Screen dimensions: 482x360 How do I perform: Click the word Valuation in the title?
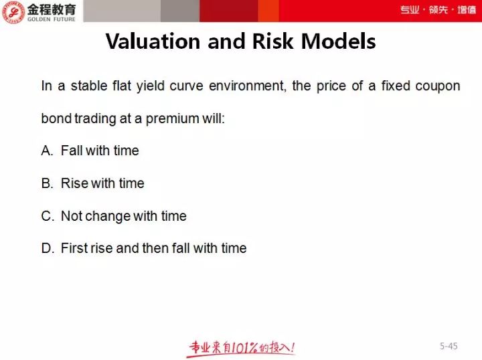(153, 41)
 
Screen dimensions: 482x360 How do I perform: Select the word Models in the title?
(339, 41)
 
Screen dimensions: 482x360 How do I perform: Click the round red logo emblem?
(13, 11)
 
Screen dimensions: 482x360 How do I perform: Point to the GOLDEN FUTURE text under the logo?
(52, 19)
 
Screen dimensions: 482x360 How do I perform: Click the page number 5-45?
(449, 346)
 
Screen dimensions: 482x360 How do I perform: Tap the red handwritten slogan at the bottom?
(242, 349)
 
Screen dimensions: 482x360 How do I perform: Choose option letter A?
(47, 151)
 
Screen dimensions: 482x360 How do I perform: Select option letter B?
(47, 183)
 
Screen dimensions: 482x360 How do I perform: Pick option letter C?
(48, 216)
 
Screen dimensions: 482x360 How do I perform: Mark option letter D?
(48, 248)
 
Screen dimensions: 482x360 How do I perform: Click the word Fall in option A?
(72, 151)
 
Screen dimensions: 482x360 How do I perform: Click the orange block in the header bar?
(268, 11)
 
